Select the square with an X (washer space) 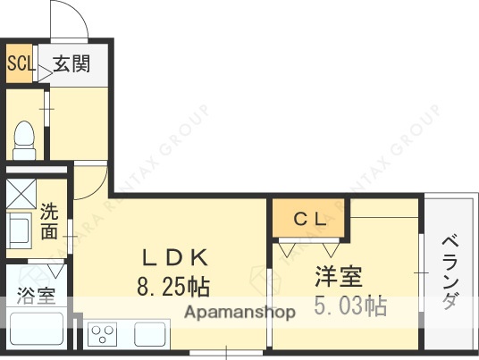coord(21,194)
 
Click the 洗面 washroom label coord(50,223)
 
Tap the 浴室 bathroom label coord(34,296)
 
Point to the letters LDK coord(176,258)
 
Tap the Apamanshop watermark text coord(240,313)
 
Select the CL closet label coord(311,218)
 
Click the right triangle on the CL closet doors coord(334,249)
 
